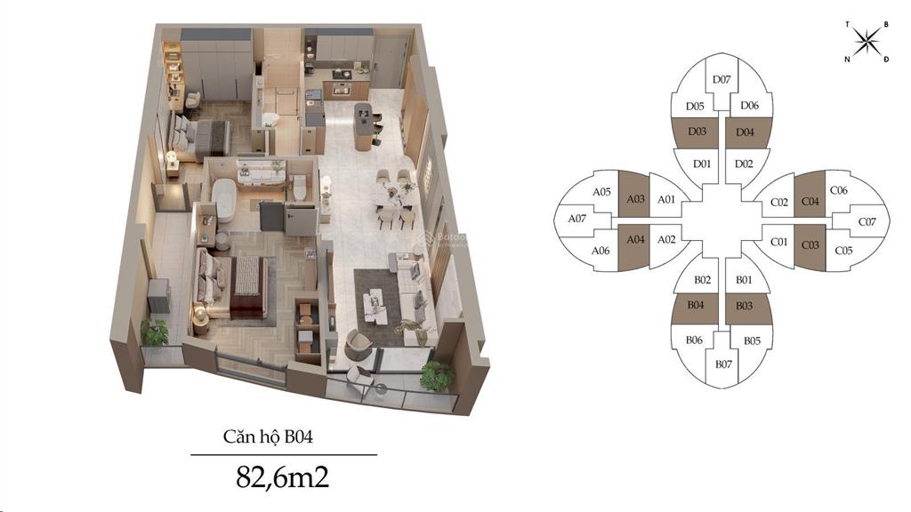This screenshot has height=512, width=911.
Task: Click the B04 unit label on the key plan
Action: [x=696, y=305]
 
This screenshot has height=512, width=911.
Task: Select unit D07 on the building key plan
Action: [x=722, y=79]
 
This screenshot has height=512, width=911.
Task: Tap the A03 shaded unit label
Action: [x=635, y=198]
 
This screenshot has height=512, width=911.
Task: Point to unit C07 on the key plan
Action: [x=867, y=221]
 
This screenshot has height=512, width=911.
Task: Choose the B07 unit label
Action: [x=723, y=364]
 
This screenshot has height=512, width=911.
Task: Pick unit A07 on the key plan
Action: [x=576, y=219]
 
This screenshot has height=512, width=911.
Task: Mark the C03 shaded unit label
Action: [x=810, y=245]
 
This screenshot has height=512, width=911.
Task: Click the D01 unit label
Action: [x=702, y=164]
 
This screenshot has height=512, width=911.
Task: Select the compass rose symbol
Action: [x=867, y=41]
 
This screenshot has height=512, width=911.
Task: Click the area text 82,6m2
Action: [x=282, y=476]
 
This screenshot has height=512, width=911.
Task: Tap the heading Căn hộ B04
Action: [x=268, y=436]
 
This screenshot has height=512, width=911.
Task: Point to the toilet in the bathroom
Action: [x=300, y=188]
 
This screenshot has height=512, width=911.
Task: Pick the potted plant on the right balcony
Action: [x=436, y=376]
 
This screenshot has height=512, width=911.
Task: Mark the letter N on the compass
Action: [x=848, y=60]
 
